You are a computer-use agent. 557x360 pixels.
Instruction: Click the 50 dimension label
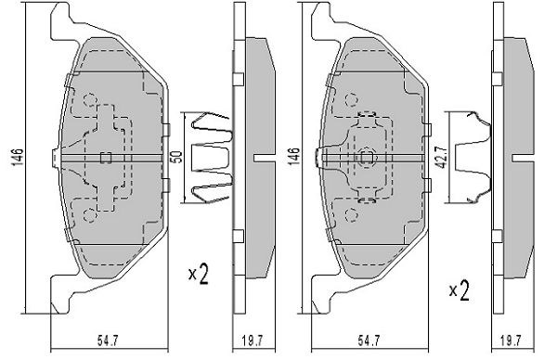[x=177, y=157]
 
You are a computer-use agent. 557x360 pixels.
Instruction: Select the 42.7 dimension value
[x=441, y=158]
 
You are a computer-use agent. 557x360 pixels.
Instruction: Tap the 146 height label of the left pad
[x=17, y=158]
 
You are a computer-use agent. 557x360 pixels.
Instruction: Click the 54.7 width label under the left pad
[x=108, y=341]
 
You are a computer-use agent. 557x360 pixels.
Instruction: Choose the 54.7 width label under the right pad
[x=369, y=341]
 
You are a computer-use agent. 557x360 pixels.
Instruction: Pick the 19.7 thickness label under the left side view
[x=253, y=341]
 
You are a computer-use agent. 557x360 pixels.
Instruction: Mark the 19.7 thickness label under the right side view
[x=511, y=341]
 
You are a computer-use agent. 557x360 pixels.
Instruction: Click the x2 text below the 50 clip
[x=199, y=274]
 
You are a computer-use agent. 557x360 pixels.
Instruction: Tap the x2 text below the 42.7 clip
[x=459, y=290]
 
